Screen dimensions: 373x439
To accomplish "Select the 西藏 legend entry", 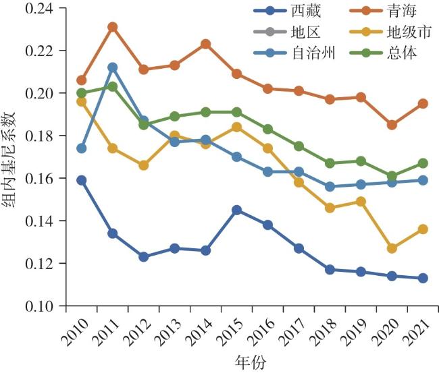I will pyautogui.click(x=308, y=11).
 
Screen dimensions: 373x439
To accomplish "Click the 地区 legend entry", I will pyautogui.click(x=308, y=31).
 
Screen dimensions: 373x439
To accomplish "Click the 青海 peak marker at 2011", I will pyautogui.click(x=113, y=27).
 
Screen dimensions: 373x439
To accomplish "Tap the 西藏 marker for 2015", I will pyautogui.click(x=236, y=210).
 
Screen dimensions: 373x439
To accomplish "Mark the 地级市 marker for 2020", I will pyautogui.click(x=392, y=248).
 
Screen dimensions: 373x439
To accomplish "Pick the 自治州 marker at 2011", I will pyautogui.click(x=113, y=67).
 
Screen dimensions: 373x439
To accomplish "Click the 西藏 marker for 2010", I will pyautogui.click(x=82, y=180).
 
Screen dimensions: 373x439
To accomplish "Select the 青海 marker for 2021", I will pyautogui.click(x=423, y=103).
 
